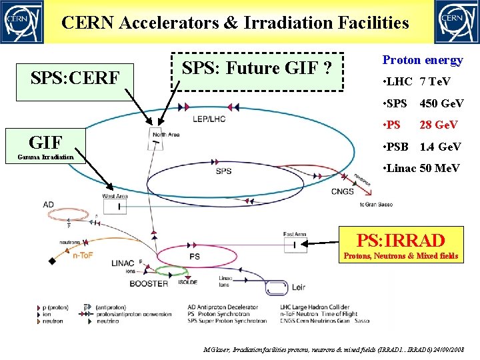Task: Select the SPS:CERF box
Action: tap(75, 79)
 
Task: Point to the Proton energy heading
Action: tap(422, 60)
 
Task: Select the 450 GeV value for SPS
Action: tap(441, 103)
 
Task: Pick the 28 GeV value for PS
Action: tap(438, 125)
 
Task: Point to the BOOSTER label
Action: tap(149, 283)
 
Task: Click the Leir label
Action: tap(298, 287)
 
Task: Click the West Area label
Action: tap(115, 196)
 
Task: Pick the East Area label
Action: tap(294, 235)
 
